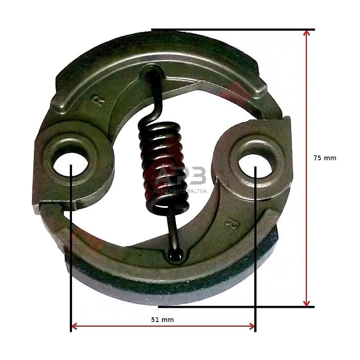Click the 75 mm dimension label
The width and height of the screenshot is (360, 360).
[324, 158]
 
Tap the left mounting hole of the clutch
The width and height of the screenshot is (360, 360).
[71, 164]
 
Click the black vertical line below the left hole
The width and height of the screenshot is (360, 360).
[71, 270]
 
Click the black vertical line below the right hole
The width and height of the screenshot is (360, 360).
[255, 270]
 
